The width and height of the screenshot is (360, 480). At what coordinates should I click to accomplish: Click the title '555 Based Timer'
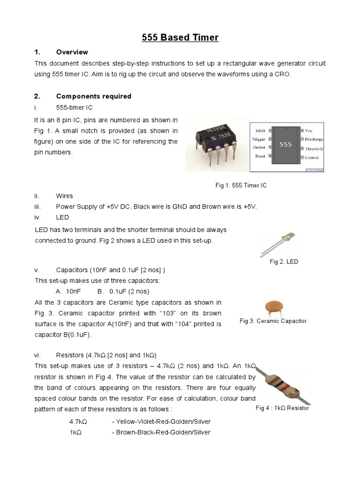180,37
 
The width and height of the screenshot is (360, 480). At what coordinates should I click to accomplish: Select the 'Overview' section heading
72,52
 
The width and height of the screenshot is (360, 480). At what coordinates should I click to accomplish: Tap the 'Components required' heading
93,96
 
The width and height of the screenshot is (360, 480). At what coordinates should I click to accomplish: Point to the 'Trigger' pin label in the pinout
258,139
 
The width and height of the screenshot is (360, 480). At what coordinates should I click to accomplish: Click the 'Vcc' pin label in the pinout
308,130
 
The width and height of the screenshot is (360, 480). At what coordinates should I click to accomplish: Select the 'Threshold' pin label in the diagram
314,149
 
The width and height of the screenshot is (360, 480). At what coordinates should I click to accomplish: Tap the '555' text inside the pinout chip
285,145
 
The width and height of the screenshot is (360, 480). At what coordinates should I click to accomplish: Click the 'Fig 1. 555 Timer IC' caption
241,186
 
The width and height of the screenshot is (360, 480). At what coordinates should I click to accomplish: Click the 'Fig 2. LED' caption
284,262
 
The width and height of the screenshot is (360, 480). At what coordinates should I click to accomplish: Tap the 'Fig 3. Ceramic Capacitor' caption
273,321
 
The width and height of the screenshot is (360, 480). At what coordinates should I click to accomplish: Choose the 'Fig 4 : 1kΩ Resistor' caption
282,408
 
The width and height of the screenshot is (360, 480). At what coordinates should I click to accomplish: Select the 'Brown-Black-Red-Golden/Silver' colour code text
161,432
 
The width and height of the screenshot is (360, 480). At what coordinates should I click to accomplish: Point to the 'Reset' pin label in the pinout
260,156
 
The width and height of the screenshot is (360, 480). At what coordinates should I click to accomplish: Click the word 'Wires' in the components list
64,196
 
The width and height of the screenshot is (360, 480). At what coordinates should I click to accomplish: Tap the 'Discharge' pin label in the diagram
314,139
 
